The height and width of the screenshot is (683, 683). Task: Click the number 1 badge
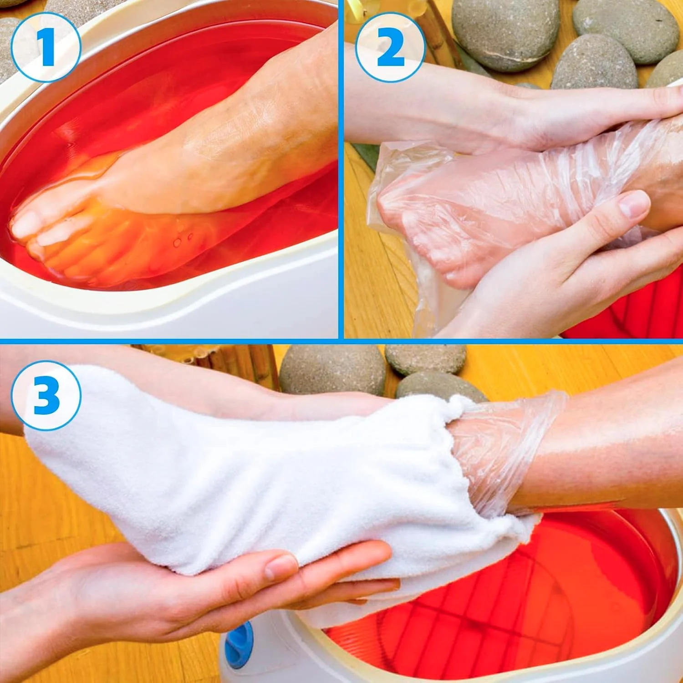point(46,47)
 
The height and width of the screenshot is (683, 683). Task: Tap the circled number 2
point(390,47)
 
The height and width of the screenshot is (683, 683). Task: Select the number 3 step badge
point(46,395)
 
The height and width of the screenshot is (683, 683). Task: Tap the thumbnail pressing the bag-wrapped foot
point(634,204)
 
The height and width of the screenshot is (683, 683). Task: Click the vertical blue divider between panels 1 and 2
point(341,169)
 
